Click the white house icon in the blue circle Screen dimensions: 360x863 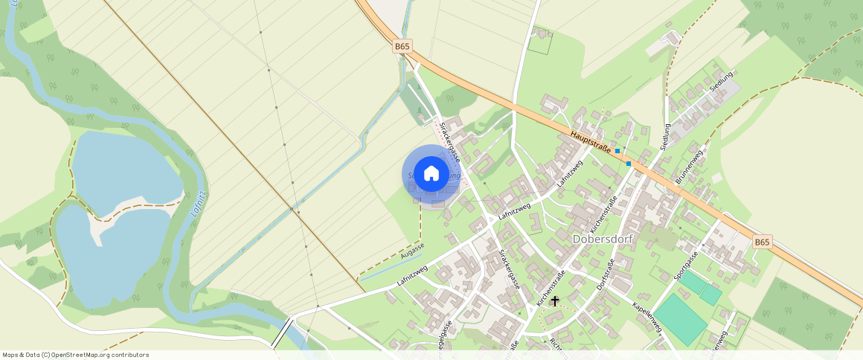pos(431,174)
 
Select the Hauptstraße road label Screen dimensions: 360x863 pos(591,142)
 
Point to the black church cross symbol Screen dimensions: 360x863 pos(555,301)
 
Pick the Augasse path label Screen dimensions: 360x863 pos(412,251)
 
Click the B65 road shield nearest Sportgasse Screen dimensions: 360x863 pos(763,242)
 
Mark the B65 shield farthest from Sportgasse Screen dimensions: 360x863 pos(402,46)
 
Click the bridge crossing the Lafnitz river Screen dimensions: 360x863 pos(283,332)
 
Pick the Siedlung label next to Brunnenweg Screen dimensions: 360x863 pos(667,136)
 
